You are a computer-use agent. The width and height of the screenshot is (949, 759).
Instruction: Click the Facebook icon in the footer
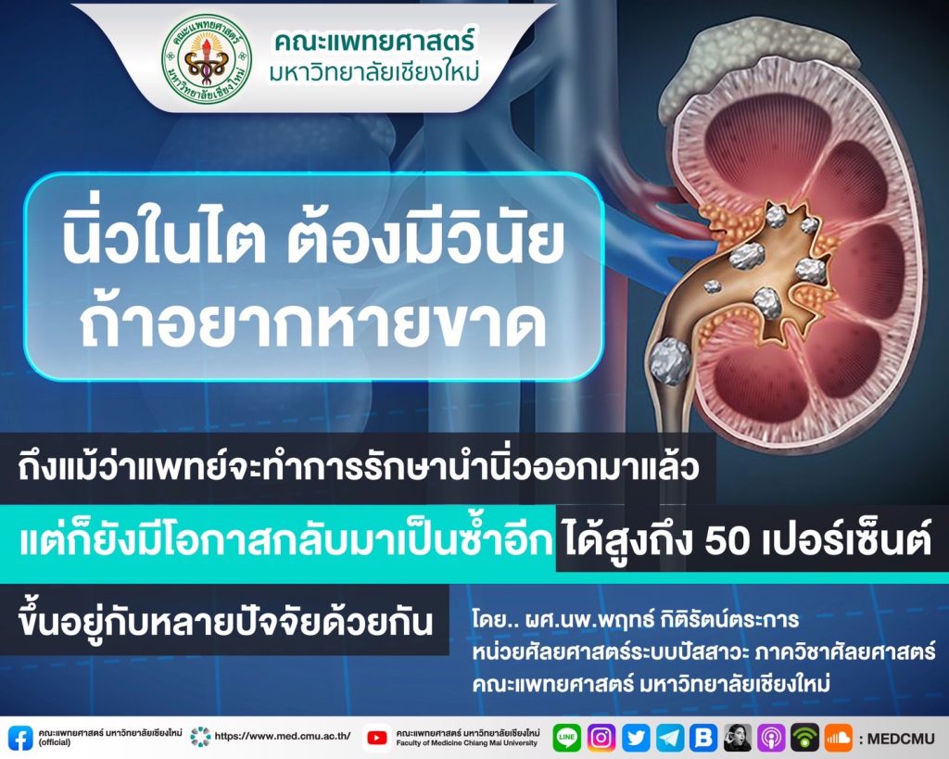(20, 738)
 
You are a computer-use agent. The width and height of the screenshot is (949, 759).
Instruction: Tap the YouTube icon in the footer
(377, 738)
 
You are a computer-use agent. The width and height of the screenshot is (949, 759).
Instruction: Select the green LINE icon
(566, 737)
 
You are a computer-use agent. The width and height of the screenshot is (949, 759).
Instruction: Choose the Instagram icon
(601, 737)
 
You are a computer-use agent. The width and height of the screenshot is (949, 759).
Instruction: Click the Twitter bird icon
(636, 737)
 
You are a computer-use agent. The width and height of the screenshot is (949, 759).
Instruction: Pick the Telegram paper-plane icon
(670, 737)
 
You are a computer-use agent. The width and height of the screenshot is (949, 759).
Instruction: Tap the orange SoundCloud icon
(838, 737)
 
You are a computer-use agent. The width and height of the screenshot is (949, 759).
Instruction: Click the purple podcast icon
(771, 737)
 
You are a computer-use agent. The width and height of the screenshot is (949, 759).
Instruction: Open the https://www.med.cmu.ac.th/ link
(283, 737)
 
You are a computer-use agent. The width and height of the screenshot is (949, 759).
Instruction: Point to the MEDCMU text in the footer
(902, 739)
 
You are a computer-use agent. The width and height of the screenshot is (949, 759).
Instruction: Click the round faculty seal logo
(207, 58)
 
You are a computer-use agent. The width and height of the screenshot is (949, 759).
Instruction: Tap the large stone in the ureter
(670, 361)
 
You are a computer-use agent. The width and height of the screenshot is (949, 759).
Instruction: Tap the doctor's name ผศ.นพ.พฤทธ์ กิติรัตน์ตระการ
(636, 620)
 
